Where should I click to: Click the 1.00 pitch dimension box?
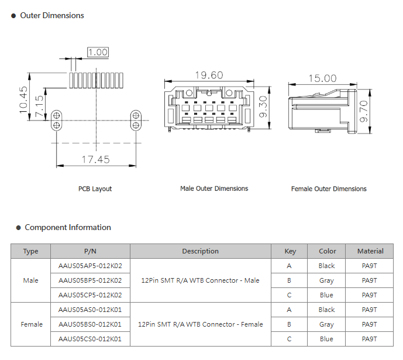click(x=98, y=52)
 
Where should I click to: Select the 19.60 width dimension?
click(x=209, y=76)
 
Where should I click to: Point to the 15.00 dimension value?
click(x=322, y=78)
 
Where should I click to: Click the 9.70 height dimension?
click(x=364, y=111)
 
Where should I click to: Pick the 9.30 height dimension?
click(x=263, y=107)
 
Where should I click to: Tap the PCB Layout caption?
click(x=95, y=189)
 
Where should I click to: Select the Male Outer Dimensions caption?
click(x=214, y=188)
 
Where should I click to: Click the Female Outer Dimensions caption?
click(x=329, y=189)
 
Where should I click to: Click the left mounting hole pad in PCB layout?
click(x=57, y=120)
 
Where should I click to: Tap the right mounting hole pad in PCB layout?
click(x=135, y=120)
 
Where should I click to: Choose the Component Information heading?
click(x=68, y=228)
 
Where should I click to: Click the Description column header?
click(x=200, y=251)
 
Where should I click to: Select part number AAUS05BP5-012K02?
click(x=90, y=280)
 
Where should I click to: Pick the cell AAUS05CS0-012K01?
click(x=90, y=339)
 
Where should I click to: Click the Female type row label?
click(x=32, y=324)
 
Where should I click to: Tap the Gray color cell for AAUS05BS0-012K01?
click(x=326, y=324)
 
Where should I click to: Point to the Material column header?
click(x=370, y=251)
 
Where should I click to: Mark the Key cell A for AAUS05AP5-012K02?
click(x=289, y=266)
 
